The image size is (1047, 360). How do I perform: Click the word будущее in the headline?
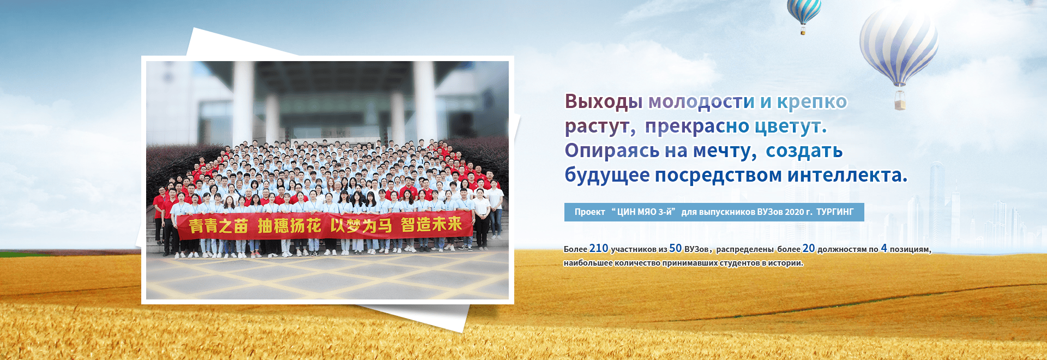click(607, 176)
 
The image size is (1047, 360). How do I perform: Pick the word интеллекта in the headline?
click(845, 176)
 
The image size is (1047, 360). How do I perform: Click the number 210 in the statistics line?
click(599, 248)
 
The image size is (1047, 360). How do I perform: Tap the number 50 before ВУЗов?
click(676, 248)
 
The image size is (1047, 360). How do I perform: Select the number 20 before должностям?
click(809, 248)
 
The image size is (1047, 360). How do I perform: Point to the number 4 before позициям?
click(884, 248)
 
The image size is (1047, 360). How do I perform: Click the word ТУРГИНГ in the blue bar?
click(835, 212)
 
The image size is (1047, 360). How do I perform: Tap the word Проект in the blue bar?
click(589, 212)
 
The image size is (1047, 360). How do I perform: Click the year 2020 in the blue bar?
click(794, 212)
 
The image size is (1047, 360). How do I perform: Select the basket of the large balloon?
click(900, 101)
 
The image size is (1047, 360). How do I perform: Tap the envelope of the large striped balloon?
click(899, 44)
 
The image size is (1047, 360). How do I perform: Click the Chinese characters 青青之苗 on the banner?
click(219, 226)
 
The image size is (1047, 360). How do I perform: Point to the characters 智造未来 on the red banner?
click(431, 224)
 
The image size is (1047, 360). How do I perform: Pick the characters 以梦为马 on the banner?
click(361, 225)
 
